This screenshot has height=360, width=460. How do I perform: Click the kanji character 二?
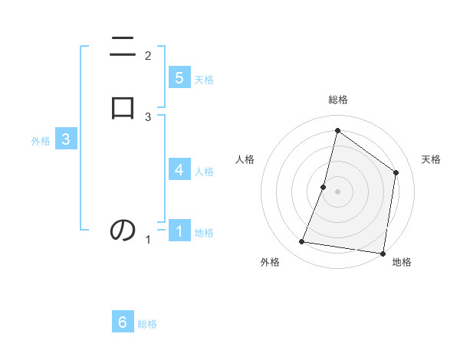click(x=123, y=48)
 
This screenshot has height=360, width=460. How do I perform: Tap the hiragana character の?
click(x=123, y=230)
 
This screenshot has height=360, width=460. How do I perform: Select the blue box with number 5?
click(x=179, y=78)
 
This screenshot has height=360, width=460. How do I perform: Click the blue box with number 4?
click(x=179, y=169)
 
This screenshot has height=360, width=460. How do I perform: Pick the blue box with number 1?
click(x=179, y=231)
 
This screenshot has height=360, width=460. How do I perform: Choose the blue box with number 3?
click(x=66, y=139)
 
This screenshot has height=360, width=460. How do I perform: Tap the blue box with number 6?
click(x=123, y=322)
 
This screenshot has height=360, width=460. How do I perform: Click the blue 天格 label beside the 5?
click(x=204, y=80)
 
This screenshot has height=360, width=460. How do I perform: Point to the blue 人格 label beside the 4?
click(x=204, y=172)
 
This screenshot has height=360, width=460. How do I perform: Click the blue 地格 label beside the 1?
click(x=204, y=233)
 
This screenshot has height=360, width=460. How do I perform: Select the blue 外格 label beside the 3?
click(x=41, y=141)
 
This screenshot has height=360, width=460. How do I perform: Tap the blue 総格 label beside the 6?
click(x=147, y=325)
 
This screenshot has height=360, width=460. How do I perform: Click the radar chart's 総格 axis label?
click(x=338, y=100)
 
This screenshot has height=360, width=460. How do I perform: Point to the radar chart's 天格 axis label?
click(x=431, y=159)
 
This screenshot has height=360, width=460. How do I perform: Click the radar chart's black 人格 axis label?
click(x=245, y=159)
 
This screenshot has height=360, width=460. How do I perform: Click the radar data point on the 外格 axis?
click(x=302, y=242)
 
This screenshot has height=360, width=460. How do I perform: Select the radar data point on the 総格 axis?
click(x=337, y=131)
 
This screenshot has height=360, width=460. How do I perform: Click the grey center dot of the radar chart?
click(x=337, y=192)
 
